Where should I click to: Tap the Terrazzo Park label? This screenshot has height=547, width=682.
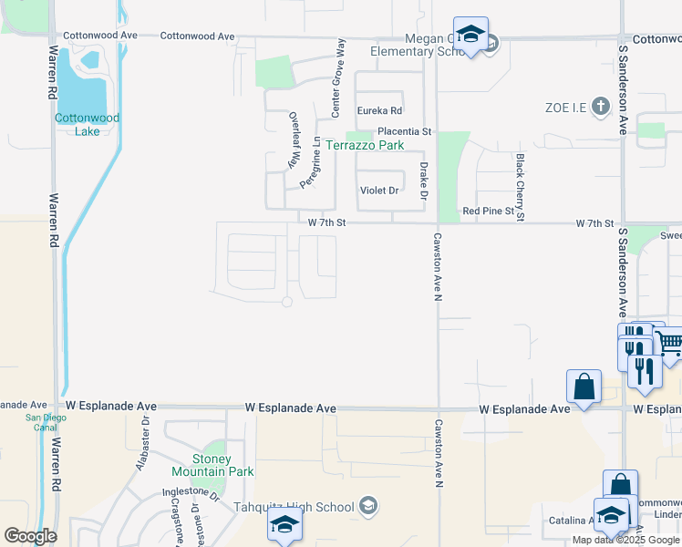365,145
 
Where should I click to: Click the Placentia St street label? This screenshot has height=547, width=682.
404,131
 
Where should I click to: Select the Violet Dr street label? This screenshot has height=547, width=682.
379,191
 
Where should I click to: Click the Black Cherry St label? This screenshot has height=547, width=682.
520,187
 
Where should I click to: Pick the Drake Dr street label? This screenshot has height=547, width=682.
423,181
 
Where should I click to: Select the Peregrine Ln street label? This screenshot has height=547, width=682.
316,161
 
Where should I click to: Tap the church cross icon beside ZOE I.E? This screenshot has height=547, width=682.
600,107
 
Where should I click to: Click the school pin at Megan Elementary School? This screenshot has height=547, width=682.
470,36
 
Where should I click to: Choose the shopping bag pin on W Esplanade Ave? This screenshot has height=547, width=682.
584,387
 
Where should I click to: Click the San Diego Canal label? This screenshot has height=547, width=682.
26,425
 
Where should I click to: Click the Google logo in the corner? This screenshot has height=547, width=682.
30,535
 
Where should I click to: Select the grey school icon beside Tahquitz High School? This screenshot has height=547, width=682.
368,507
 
